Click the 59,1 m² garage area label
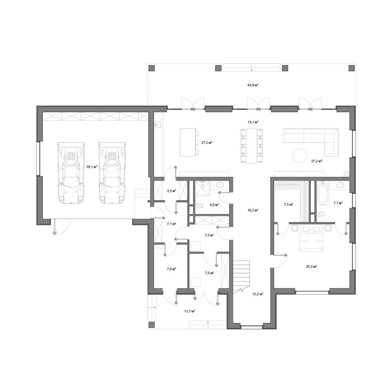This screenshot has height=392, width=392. click(92, 167)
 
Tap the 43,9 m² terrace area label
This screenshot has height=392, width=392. click(253, 85)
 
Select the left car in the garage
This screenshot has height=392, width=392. click(71, 173)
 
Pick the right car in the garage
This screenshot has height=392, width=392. click(112, 173)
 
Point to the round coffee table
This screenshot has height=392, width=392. click(299, 155)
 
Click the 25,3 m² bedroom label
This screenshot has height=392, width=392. click(312, 267)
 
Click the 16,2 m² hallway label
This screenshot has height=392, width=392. click(253, 210)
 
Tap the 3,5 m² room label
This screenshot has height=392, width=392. click(172, 191)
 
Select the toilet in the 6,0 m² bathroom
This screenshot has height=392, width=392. click(200, 206)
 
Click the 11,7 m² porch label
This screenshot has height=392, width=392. click(189, 311)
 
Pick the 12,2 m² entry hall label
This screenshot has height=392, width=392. click(258, 294)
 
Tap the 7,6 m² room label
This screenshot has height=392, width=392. click(172, 269)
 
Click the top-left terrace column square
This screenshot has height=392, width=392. click(151, 68)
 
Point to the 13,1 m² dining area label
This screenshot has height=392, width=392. click(253, 122)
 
